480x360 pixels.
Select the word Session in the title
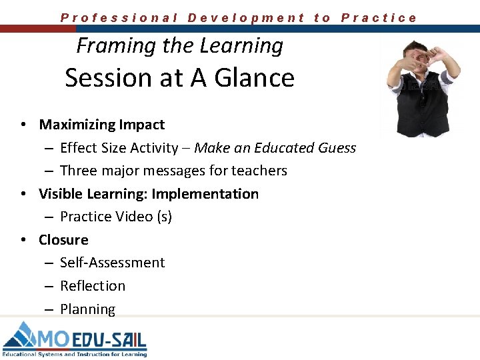[107, 78]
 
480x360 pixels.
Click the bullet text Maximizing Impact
[101, 125]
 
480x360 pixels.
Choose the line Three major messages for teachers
[173, 171]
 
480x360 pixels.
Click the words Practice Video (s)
[115, 217]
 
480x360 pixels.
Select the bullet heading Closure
[63, 240]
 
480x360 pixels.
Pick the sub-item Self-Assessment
[112, 263]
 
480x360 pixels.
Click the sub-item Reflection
[93, 286]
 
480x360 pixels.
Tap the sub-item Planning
[87, 309]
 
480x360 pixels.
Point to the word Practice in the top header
[379, 18]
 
